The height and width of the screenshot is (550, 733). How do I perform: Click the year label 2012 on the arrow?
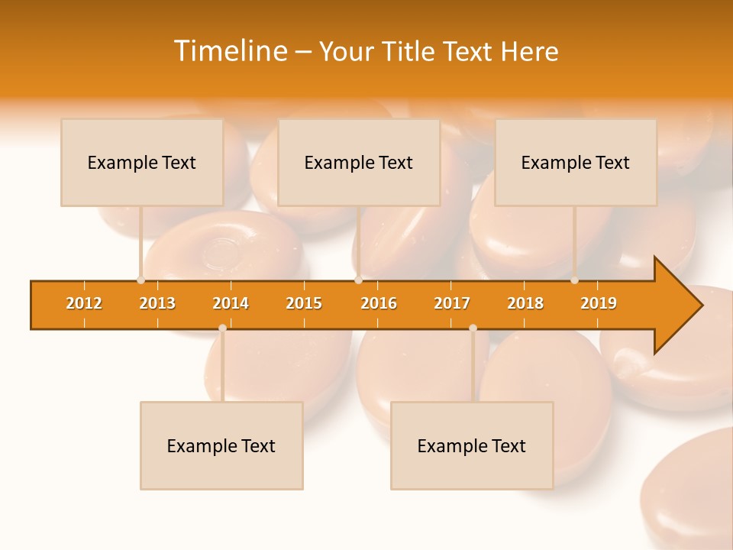click(x=84, y=303)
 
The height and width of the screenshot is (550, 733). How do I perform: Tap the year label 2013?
click(x=157, y=303)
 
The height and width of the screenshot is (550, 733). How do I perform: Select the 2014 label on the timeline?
click(x=231, y=303)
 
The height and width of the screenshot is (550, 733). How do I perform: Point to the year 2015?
click(x=304, y=303)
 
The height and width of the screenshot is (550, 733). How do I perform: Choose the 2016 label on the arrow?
click(x=379, y=303)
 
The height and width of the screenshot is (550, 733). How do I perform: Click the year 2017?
click(x=452, y=303)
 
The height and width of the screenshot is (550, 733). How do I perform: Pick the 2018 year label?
click(x=525, y=303)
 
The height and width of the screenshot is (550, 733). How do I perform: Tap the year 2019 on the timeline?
click(x=599, y=303)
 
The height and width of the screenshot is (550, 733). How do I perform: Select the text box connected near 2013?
click(x=142, y=163)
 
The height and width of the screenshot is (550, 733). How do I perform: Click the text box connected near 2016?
click(x=359, y=163)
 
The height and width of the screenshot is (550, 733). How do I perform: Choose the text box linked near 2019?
click(x=576, y=163)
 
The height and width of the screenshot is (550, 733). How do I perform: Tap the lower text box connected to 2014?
click(x=221, y=446)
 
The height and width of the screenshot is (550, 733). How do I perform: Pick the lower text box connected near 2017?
click(x=472, y=446)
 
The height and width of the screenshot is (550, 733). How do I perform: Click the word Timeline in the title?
click(x=230, y=51)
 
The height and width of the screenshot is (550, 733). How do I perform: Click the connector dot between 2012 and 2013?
click(x=140, y=280)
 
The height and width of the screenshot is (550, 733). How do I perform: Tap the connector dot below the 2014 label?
click(x=222, y=328)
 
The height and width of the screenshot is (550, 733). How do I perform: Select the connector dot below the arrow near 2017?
click(x=473, y=328)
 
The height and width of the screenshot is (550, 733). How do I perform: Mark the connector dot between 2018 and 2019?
click(x=574, y=280)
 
